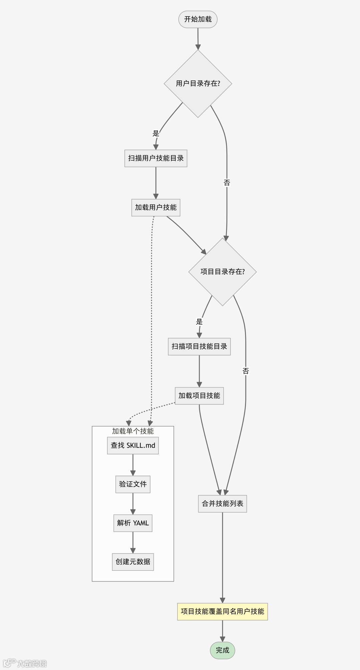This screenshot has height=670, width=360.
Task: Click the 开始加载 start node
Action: (x=198, y=19)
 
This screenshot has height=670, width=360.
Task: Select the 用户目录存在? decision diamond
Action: (x=198, y=84)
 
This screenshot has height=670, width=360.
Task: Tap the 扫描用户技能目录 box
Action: (x=156, y=158)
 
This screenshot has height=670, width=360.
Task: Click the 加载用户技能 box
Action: (x=156, y=207)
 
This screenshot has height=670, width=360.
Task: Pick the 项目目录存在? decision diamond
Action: (x=222, y=272)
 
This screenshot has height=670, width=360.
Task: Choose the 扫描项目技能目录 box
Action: (x=199, y=347)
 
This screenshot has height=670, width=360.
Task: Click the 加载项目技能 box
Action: (x=199, y=396)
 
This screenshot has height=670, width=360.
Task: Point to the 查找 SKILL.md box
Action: (x=133, y=446)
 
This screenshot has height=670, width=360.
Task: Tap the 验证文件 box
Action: (x=133, y=484)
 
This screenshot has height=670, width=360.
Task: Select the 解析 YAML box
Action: (x=133, y=523)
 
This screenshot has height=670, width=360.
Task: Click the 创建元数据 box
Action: (x=133, y=562)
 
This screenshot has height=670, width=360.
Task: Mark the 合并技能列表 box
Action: (x=222, y=504)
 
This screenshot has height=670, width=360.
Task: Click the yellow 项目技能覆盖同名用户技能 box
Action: (x=222, y=611)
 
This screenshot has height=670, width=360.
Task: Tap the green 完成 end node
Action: (x=222, y=650)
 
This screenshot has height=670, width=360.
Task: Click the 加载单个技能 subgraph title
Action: (x=133, y=431)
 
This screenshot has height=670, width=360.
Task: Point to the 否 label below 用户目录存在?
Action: (x=227, y=183)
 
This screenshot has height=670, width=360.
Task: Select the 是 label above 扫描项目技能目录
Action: (x=199, y=322)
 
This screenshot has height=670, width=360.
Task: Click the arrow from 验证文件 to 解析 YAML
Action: (x=133, y=503)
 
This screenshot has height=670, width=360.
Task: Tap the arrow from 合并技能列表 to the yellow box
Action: (x=222, y=557)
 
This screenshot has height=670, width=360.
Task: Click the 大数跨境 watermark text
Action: (x=32, y=663)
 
